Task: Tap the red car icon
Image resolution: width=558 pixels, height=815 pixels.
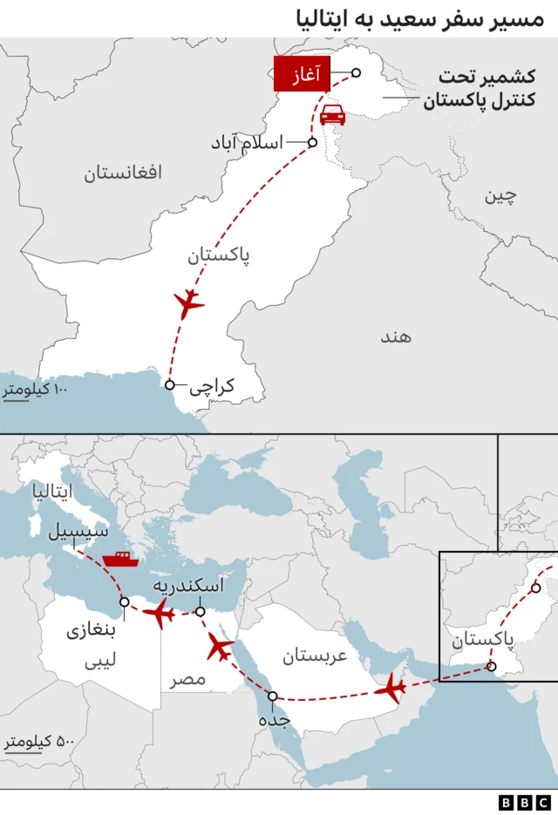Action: (x=332, y=115)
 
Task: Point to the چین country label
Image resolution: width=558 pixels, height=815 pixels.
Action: (x=500, y=195)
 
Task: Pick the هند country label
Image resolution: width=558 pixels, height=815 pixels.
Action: (x=395, y=336)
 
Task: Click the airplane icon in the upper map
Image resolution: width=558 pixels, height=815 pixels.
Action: (x=188, y=303)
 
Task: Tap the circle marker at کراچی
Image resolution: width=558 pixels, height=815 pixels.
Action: (x=170, y=384)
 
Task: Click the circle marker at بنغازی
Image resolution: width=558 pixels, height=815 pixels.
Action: (x=125, y=601)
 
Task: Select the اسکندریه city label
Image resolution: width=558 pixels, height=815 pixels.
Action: (x=188, y=585)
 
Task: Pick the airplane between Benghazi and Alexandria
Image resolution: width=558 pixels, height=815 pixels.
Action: (x=160, y=614)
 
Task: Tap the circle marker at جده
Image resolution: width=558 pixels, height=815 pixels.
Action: (x=273, y=696)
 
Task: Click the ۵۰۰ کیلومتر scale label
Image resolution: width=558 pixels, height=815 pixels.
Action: (x=40, y=742)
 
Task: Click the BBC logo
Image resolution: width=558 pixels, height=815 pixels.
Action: (x=525, y=802)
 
